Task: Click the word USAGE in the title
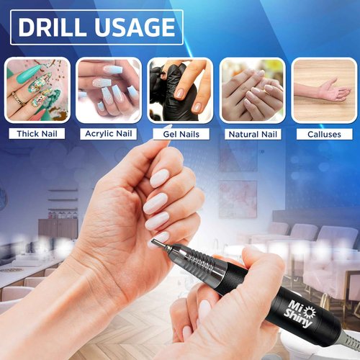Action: (x=135, y=27)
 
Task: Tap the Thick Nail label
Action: (x=37, y=134)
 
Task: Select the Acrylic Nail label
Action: (x=109, y=134)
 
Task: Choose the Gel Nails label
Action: (x=181, y=134)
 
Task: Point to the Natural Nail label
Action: (x=252, y=134)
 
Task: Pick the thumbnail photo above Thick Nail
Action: (x=37, y=89)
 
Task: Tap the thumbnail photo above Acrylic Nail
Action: (x=109, y=89)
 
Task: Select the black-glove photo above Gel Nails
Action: (x=181, y=89)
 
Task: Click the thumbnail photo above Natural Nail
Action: (x=252, y=89)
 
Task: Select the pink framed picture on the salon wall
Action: (x=238, y=198)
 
